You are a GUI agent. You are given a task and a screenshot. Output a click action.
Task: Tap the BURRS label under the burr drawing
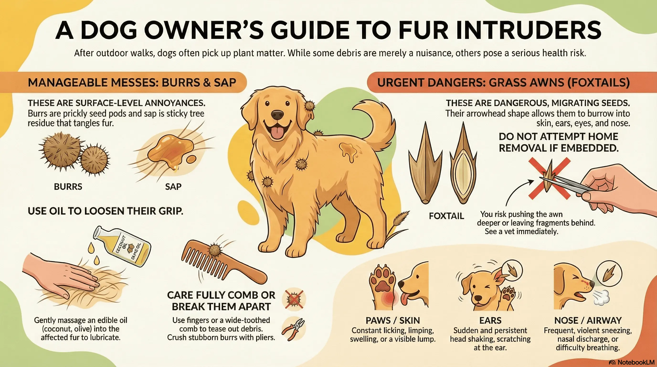[68, 187]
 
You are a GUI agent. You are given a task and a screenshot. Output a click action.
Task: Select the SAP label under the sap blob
[173, 187]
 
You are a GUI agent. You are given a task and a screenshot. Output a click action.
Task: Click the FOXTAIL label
[446, 216]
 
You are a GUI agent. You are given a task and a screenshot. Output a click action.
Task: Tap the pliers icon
[294, 329]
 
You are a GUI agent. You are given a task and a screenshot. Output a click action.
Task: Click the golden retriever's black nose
[277, 115]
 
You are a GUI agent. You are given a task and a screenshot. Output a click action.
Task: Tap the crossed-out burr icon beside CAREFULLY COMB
[294, 299]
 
